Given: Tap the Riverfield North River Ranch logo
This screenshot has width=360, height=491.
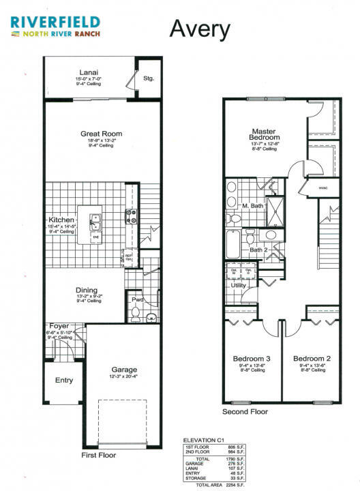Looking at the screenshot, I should [55, 27].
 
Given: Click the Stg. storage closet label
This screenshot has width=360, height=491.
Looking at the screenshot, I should [148, 78].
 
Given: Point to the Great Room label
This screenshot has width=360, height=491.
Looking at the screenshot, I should [101, 134].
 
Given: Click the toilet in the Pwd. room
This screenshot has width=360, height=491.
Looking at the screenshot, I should [135, 313].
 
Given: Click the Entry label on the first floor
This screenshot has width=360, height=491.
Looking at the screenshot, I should [63, 381].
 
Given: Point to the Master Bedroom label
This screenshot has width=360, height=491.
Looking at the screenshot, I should [262, 134].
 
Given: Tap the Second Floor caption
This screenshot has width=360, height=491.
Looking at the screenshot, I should [245, 412].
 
